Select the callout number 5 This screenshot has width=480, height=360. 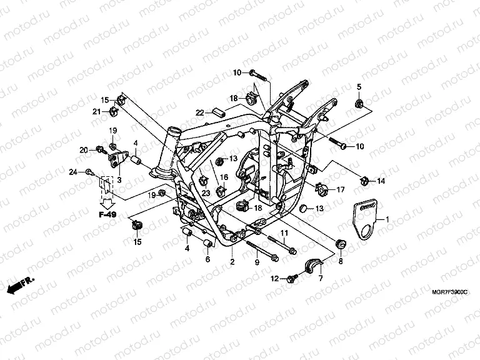359,86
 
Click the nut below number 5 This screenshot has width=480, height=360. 359,102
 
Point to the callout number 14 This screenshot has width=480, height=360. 380,181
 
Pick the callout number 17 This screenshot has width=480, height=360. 341,189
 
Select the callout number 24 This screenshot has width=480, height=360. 72,172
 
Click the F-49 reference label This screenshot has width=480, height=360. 107,214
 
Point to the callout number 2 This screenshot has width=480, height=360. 232,262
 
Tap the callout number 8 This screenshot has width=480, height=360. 340,263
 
